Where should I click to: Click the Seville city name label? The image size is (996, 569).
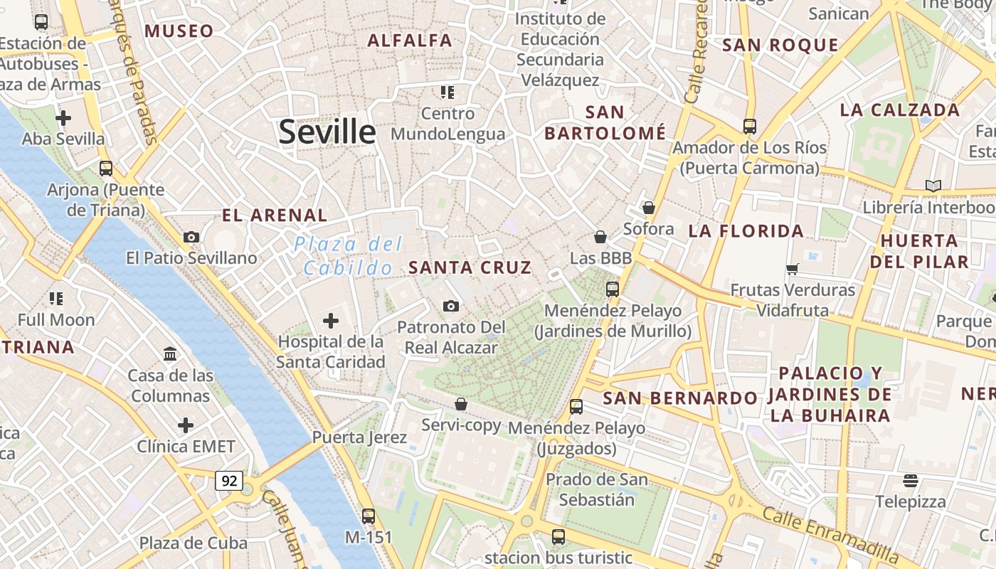pyautogui.click(x=327, y=132)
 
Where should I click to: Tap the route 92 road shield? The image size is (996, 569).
pyautogui.click(x=229, y=481)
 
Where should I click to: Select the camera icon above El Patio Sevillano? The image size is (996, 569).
pyautogui.click(x=191, y=237)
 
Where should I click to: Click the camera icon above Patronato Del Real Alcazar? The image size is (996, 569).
pyautogui.click(x=450, y=306)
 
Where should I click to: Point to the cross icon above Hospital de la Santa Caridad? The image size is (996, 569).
pyautogui.click(x=331, y=321)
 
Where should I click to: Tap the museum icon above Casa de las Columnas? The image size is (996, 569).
pyautogui.click(x=170, y=353)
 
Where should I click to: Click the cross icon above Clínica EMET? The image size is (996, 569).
pyautogui.click(x=186, y=425)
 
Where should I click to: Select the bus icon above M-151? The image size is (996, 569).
pyautogui.click(x=369, y=516)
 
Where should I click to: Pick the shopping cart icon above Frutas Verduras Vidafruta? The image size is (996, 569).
pyautogui.click(x=792, y=269)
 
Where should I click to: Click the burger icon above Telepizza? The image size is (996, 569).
pyautogui.click(x=911, y=481)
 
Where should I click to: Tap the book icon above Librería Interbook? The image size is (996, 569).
pyautogui.click(x=933, y=186)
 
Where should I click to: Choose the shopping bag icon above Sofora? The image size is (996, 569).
pyautogui.click(x=648, y=208)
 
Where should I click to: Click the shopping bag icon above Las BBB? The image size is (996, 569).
pyautogui.click(x=600, y=237)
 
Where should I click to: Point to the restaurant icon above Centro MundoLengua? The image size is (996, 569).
pyautogui.click(x=447, y=92)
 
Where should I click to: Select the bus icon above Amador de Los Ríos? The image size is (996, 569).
pyautogui.click(x=749, y=127)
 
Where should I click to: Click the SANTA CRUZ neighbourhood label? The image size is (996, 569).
pyautogui.click(x=470, y=267)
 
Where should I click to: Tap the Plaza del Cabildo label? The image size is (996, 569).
pyautogui.click(x=348, y=256)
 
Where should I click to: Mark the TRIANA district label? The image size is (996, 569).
pyautogui.click(x=38, y=347)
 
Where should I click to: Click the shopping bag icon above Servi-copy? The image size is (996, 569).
pyautogui.click(x=461, y=404)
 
